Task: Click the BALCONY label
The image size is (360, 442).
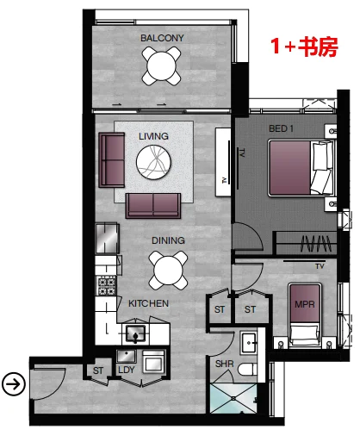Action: point(162,38)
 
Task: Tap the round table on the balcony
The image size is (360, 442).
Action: point(161,66)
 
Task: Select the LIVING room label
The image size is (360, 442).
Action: point(153,136)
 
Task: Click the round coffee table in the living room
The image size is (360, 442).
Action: point(153,162)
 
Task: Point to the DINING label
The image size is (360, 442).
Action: point(168,240)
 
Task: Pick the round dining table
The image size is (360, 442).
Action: point(168,271)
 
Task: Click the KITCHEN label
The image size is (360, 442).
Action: point(148,303)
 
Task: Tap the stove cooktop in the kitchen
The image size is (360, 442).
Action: point(107,286)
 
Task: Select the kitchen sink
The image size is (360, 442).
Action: point(136,333)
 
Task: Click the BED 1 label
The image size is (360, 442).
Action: point(281,128)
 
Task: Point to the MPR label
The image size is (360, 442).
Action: point(305,304)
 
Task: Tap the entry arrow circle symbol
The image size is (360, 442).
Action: point(14,384)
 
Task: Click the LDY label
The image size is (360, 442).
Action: point(127,370)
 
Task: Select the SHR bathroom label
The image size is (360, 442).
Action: point(225,364)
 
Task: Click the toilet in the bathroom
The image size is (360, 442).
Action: point(247,370)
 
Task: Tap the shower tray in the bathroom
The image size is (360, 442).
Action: point(233,398)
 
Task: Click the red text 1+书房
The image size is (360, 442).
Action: point(304,47)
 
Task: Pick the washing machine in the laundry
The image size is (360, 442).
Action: point(153,362)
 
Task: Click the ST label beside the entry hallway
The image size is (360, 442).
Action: point(98,370)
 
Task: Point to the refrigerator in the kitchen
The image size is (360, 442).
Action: point(107,239)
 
